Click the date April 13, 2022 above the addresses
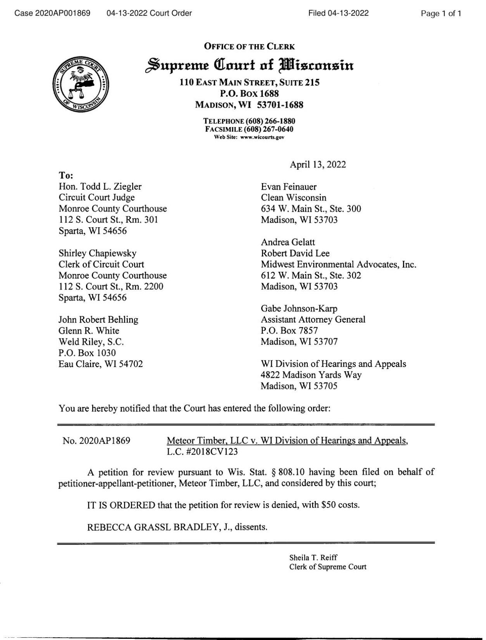318,165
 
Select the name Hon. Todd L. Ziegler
100,187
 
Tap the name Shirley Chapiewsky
97,253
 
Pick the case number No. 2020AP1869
97,441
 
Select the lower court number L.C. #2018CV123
202,452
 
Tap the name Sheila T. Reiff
314,558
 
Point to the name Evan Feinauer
289,187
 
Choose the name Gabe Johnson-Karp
299,309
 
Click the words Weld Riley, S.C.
91,342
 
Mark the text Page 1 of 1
441,14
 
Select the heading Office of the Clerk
249,47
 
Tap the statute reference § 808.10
289,472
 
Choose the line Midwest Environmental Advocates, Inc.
338,264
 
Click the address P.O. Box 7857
289,331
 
